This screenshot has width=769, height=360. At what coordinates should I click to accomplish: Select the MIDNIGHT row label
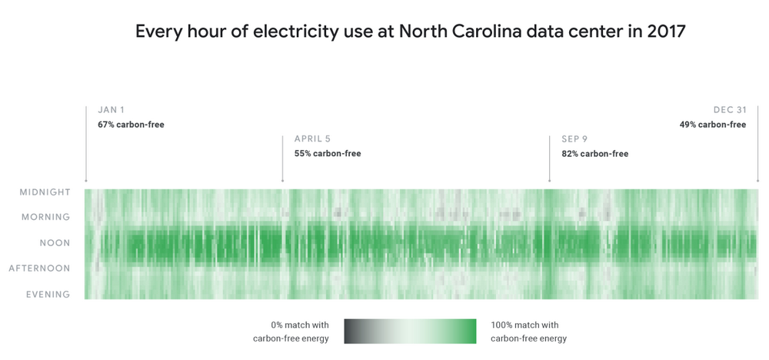[45, 192]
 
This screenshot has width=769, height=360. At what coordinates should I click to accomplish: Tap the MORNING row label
[45, 218]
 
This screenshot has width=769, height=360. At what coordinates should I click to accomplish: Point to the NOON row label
[55, 243]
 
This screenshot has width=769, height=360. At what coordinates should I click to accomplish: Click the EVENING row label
[48, 294]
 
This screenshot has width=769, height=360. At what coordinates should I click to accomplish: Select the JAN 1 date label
[112, 110]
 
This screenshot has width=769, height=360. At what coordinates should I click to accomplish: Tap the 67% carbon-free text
[131, 125]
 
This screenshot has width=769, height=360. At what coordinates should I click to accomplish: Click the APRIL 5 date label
[312, 139]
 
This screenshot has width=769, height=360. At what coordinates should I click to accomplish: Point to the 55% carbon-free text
[328, 154]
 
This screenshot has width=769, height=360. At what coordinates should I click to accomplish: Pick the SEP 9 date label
[574, 139]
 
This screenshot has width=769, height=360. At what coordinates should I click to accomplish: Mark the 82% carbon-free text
[594, 154]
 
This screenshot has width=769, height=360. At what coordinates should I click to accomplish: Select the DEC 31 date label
[730, 110]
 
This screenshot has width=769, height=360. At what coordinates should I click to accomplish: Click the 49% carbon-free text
[712, 125]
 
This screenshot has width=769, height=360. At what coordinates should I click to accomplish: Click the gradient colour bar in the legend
[410, 331]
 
